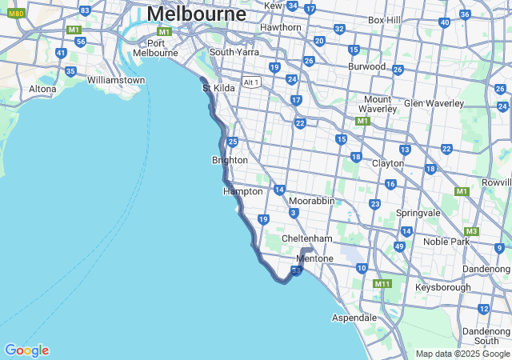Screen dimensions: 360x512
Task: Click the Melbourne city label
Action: click(196, 14)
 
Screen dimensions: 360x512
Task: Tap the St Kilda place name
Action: click(218, 88)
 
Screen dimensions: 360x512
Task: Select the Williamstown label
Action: click(116, 80)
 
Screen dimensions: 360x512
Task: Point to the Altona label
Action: click(42, 89)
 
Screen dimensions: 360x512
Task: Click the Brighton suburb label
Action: click(230, 160)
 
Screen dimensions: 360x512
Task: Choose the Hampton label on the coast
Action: click(242, 191)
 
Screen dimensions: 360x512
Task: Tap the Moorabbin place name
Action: click(311, 201)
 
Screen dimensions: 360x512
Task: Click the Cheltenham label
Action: click(306, 238)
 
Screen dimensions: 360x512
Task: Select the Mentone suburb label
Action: click(314, 259)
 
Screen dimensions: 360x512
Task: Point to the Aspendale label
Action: click(354, 318)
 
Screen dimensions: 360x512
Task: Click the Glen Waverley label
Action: click(434, 103)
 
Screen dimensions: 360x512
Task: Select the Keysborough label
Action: click(443, 286)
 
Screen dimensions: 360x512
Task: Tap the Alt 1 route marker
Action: click(253, 82)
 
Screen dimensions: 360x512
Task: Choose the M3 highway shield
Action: click(471, 231)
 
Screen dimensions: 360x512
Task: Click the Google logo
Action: click(26, 350)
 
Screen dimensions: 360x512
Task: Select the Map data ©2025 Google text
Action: click(462, 354)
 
